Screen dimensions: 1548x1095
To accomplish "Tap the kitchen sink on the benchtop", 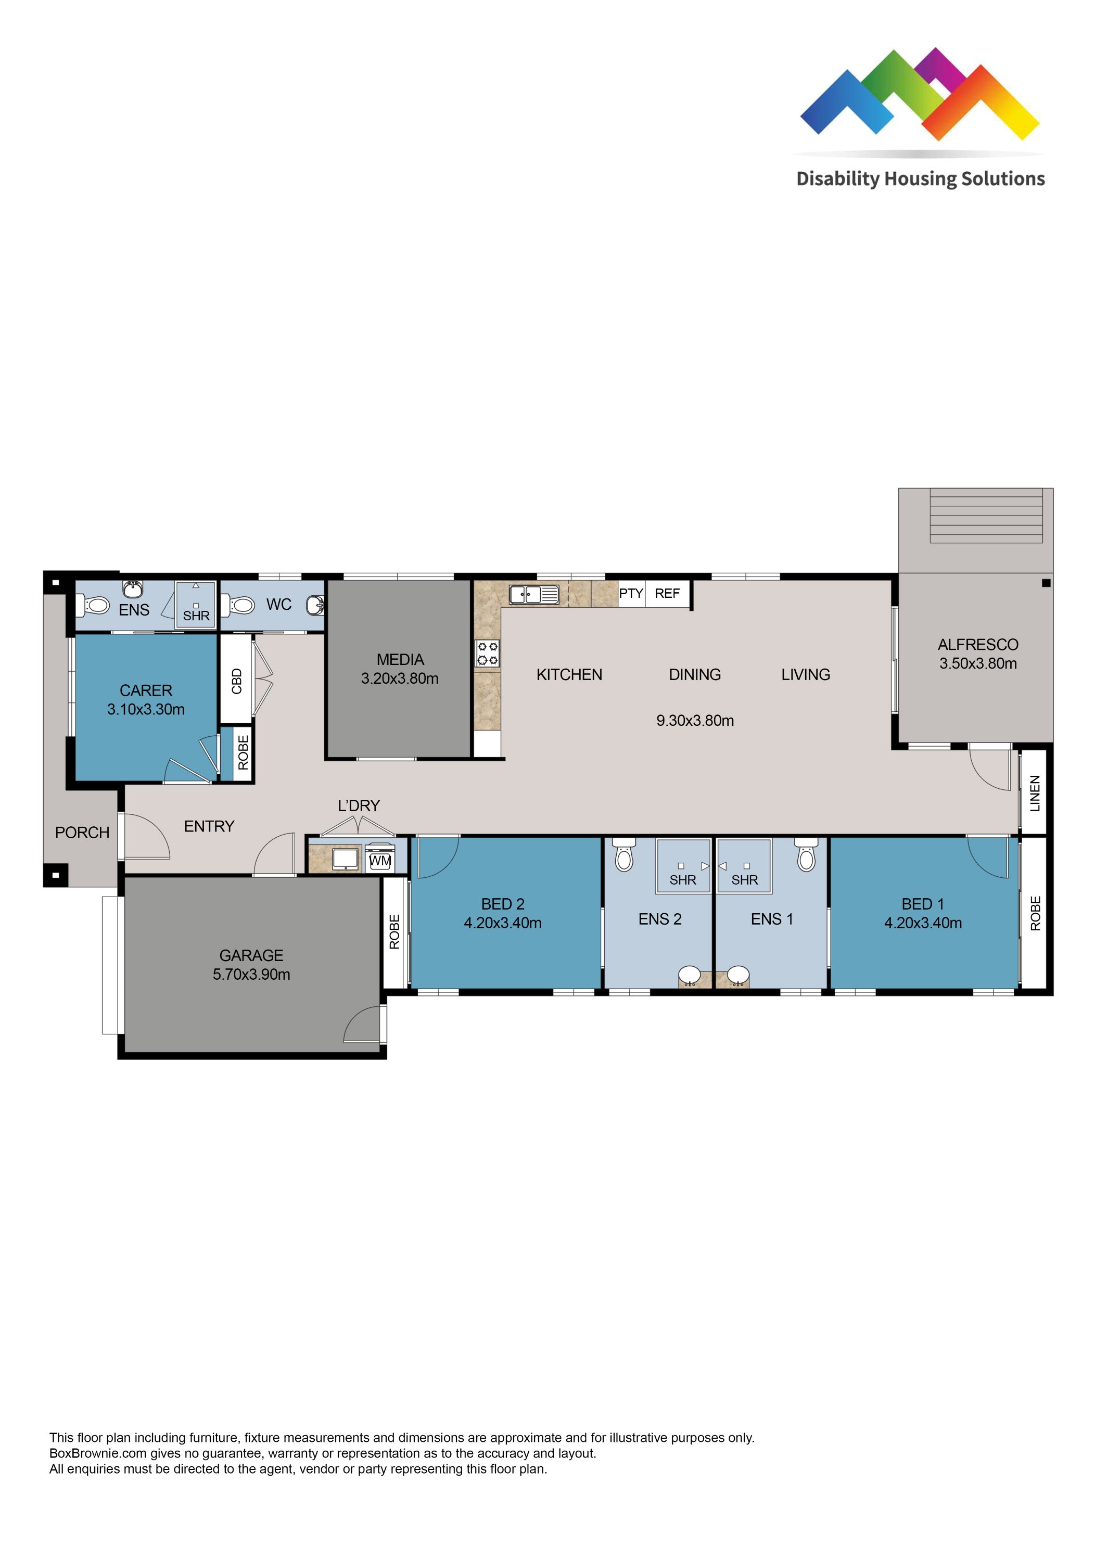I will [x=533, y=594].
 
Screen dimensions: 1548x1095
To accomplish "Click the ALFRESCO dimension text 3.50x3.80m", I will [x=978, y=663].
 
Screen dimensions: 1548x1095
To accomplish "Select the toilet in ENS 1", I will [x=806, y=855].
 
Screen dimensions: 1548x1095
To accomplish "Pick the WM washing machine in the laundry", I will [x=380, y=860].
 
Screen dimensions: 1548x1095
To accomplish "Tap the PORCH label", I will [x=82, y=833].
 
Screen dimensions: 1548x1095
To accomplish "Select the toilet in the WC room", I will [x=239, y=604].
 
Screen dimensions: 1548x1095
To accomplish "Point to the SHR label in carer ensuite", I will [x=196, y=616].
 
